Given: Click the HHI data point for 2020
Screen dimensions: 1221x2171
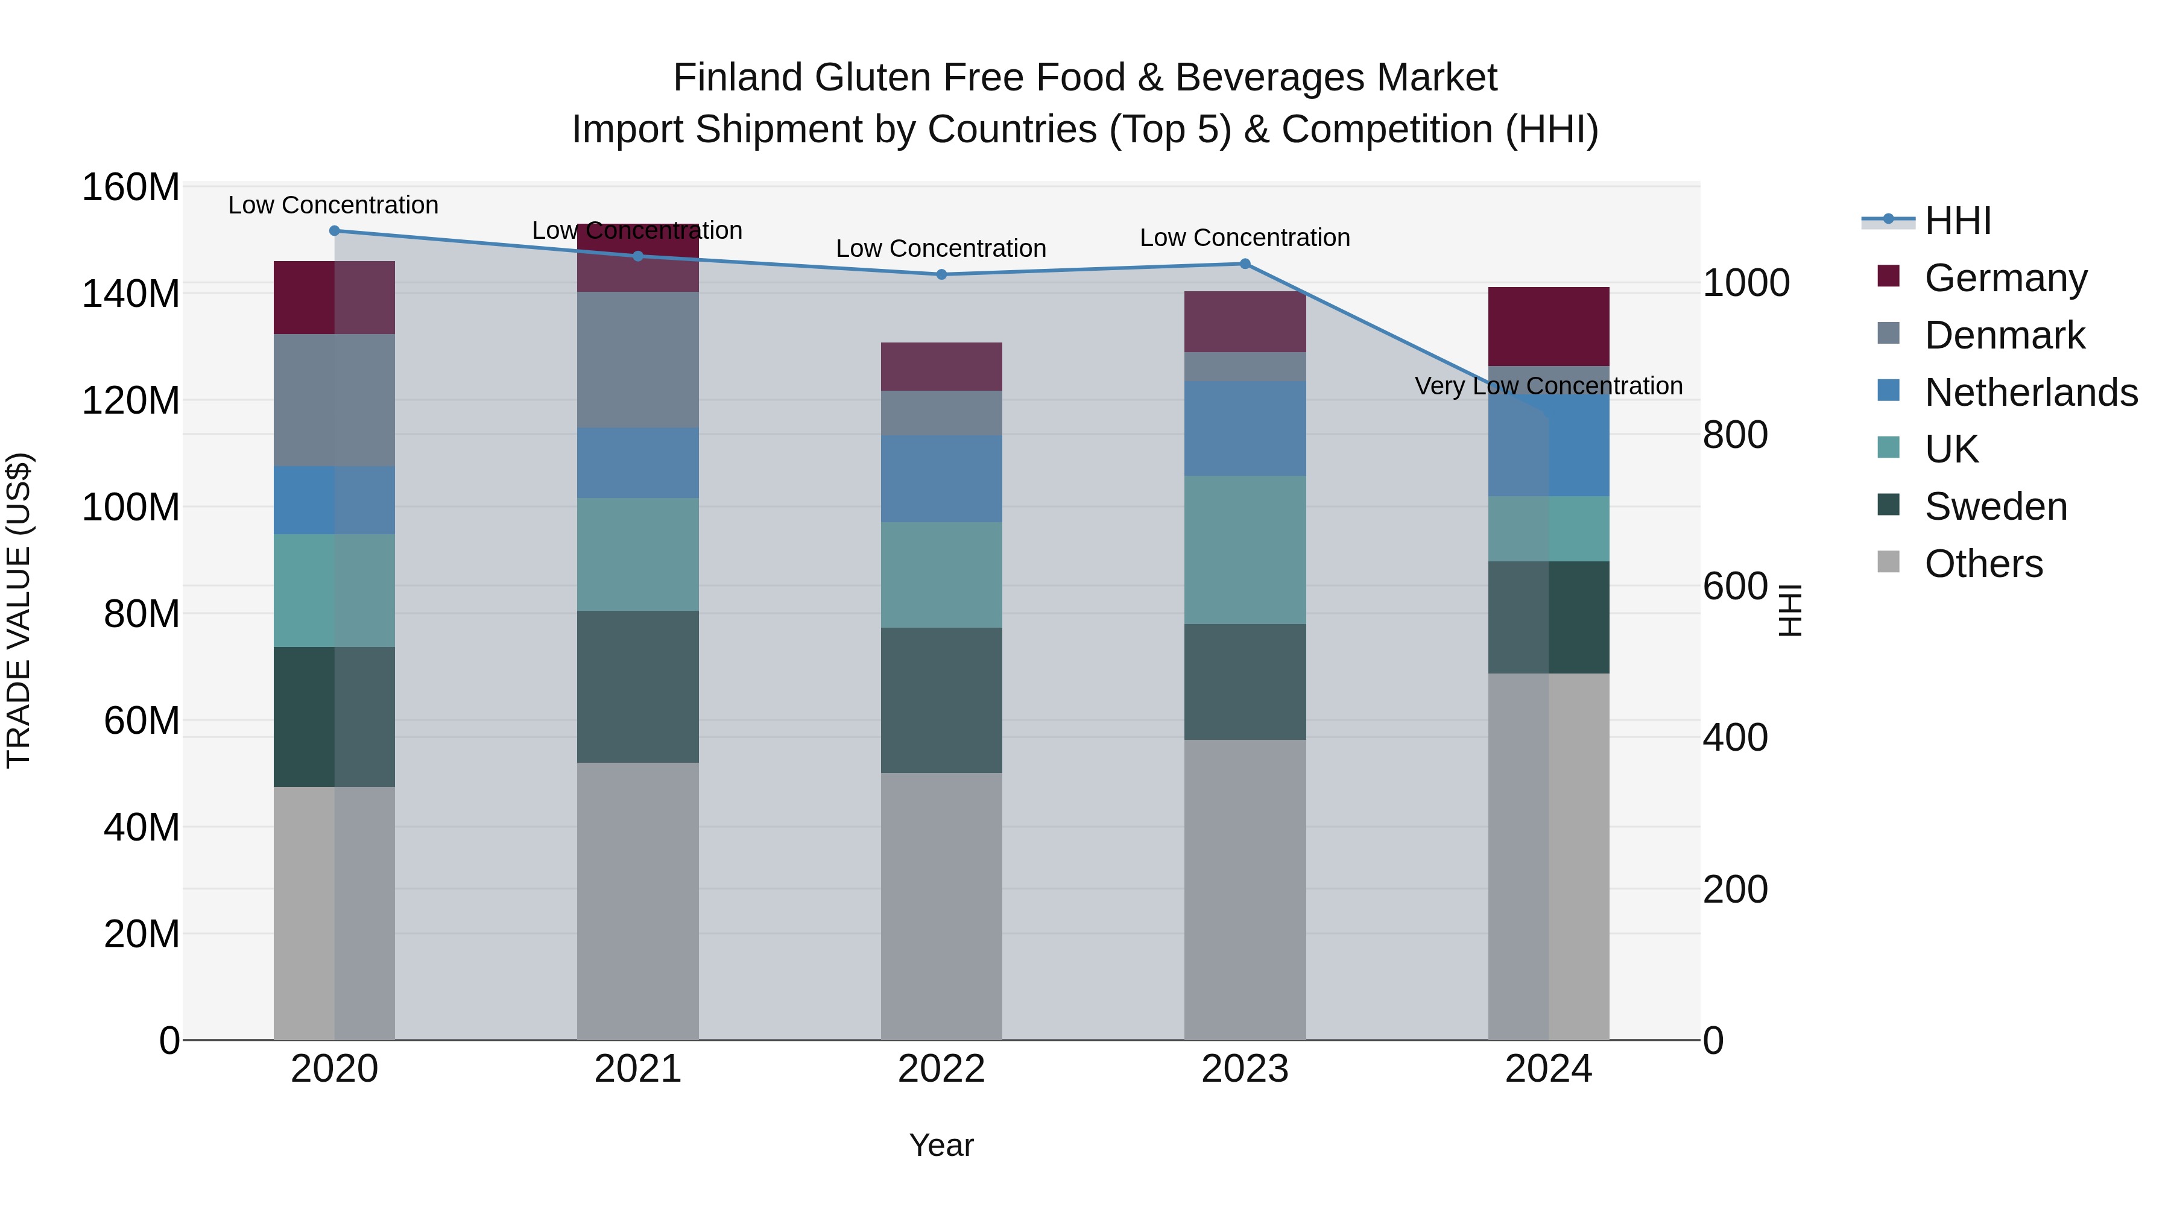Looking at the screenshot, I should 335,231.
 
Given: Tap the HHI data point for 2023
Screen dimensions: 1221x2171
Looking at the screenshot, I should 1245,263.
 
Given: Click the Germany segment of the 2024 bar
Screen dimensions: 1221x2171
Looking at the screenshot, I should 1548,327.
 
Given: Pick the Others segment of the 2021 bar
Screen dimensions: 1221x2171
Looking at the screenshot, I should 638,901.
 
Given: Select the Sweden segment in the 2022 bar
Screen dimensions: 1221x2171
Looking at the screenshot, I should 941,700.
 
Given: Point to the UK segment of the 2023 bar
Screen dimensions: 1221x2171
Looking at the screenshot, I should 1245,549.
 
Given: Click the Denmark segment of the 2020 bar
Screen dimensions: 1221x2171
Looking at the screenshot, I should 335,400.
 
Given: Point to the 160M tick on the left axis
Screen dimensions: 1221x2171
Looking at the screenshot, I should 131,187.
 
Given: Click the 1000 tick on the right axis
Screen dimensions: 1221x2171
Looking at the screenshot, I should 1745,283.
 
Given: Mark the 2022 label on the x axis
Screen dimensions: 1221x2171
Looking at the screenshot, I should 941,1069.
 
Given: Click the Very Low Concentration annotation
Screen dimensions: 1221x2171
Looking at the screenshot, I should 1548,386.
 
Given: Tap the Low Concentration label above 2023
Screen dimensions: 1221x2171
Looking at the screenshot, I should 1245,238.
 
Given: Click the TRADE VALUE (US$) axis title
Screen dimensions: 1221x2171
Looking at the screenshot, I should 19,610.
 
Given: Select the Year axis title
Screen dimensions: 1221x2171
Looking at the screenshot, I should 941,1145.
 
